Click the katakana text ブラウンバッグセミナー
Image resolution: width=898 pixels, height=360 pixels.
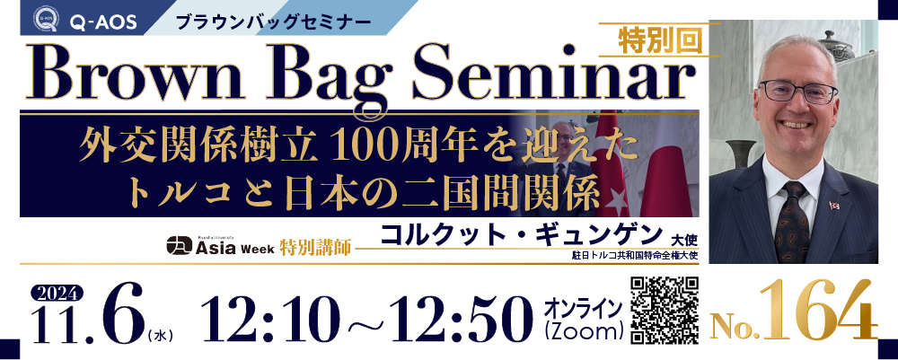coord(273,23)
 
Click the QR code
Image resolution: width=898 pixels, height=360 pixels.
coord(665,311)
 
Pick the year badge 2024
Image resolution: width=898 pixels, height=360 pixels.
coord(56,294)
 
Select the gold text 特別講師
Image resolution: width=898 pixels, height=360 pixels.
coord(315,249)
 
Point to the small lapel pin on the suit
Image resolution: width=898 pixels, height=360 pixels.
coord(834,205)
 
